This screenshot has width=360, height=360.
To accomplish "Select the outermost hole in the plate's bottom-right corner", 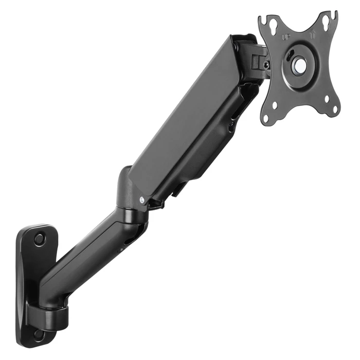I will pos(335,109).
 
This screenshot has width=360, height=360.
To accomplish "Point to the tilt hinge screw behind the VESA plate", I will pos(266,65).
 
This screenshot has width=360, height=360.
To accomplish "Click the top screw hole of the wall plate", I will pos(39,239).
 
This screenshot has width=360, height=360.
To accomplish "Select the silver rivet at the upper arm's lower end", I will pos(141,200).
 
